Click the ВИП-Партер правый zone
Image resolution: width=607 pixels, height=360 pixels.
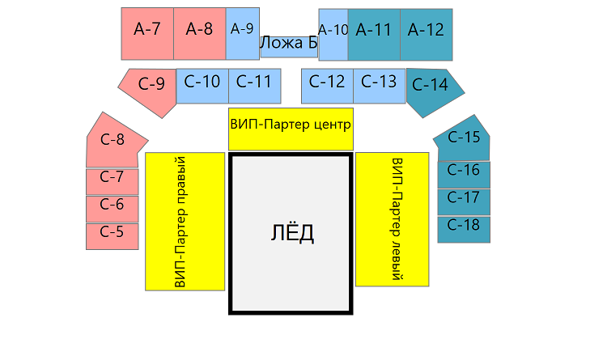pos(184,221)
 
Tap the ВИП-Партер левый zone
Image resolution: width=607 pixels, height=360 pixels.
pos(393,218)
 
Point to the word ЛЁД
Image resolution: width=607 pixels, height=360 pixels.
pos(291,234)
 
